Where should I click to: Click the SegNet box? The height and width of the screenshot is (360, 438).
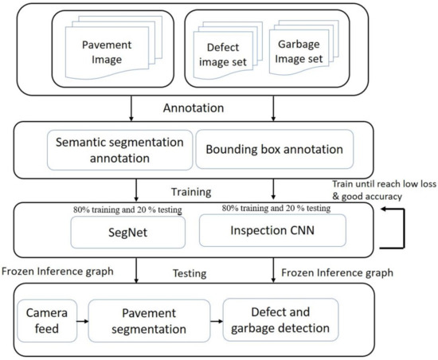127,232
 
